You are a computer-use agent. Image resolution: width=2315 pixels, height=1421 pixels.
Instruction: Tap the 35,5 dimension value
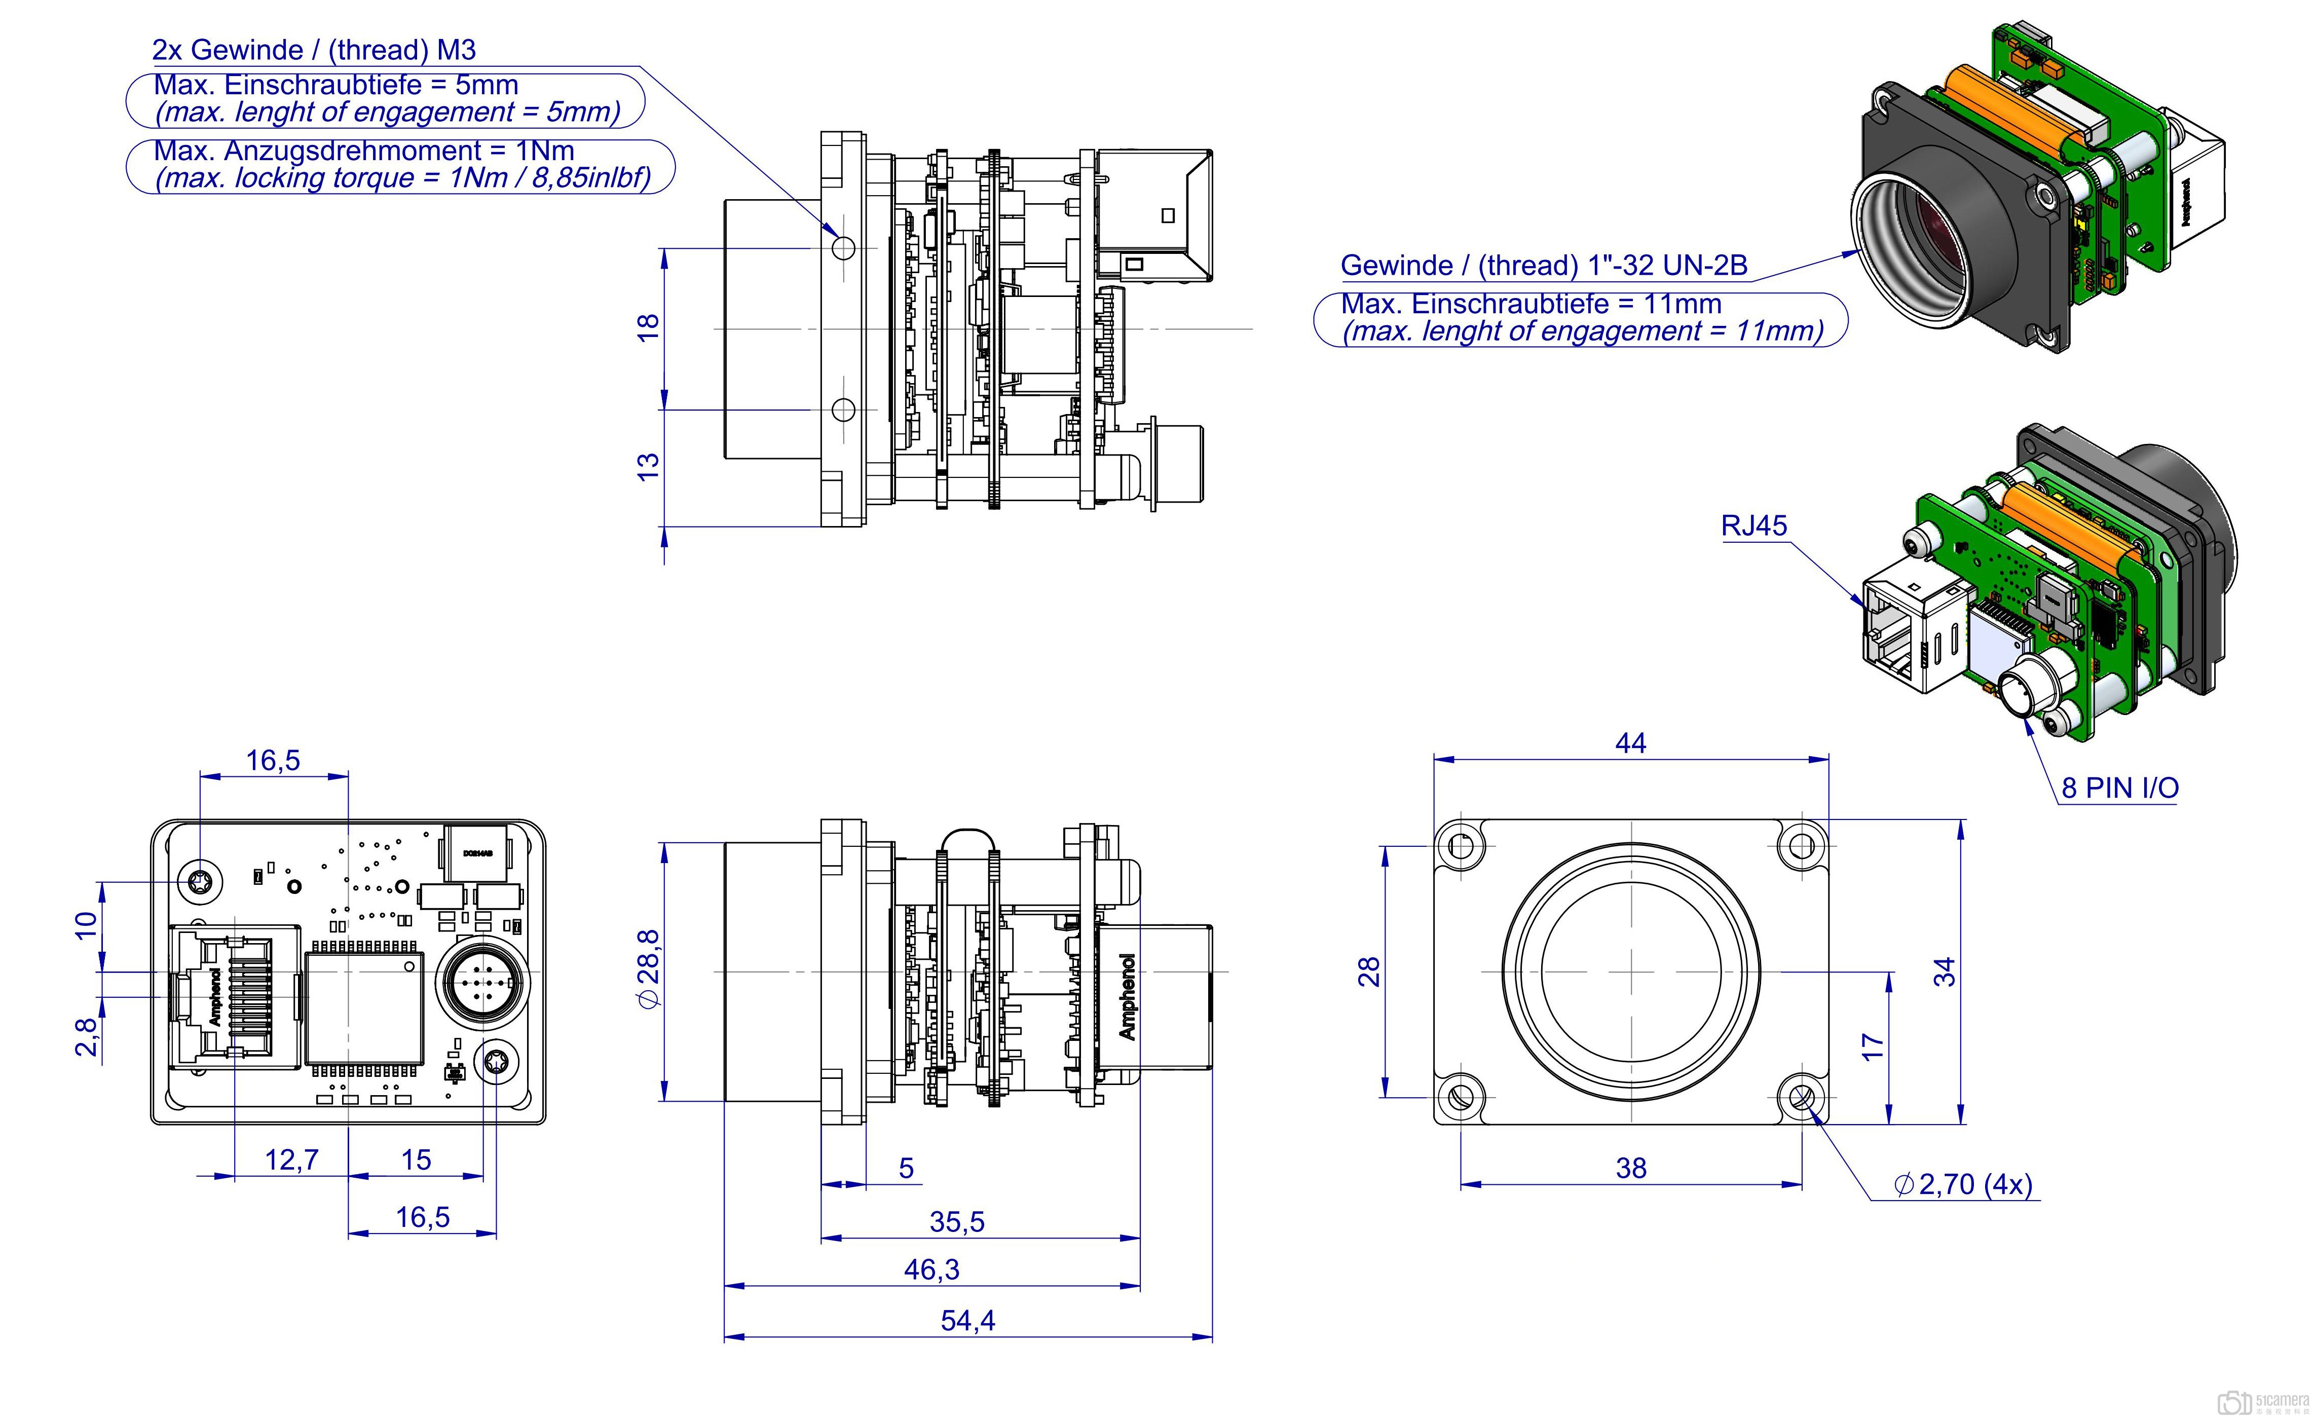tap(956, 1222)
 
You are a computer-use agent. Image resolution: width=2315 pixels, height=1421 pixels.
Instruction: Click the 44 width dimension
tap(1630, 743)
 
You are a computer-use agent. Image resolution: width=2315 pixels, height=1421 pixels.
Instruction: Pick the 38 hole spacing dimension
tap(1630, 1168)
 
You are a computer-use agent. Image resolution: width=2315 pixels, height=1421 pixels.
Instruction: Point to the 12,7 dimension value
tap(291, 1160)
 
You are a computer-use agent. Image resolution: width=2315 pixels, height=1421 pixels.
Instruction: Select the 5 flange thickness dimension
tap(906, 1168)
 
